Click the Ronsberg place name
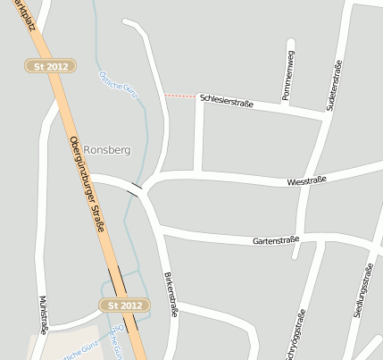(108, 150)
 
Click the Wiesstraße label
(306, 180)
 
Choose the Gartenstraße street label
(275, 240)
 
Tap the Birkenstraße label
(171, 293)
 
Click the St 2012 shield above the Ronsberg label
(51, 66)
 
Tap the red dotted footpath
(179, 96)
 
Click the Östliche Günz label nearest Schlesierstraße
(118, 84)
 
